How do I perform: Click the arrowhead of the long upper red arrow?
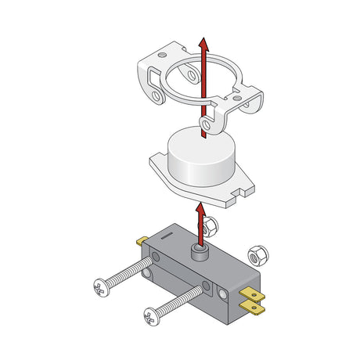[x=203, y=43]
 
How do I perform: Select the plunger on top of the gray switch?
[x=200, y=251]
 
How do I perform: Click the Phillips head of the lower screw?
[x=152, y=317]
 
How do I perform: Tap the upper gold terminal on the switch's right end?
[x=257, y=295]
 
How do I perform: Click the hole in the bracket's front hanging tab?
[x=205, y=124]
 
